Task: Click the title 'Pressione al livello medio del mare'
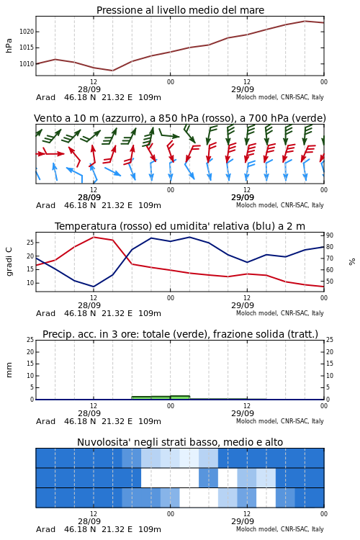coord(180,10)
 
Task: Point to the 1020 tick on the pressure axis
coord(27,32)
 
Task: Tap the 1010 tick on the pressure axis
coord(27,63)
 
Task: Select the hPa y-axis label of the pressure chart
coord(9,45)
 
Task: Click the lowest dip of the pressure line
coord(112,71)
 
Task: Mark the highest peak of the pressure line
coord(305,21)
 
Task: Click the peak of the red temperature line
coord(94,237)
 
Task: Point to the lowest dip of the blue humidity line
coord(94,287)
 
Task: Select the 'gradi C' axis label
coord(9,262)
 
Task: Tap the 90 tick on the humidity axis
coord(330,235)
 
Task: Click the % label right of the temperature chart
coord(352,262)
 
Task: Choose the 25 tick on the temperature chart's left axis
coord(30,243)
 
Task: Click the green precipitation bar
coord(161,397)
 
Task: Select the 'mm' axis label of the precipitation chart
coord(9,370)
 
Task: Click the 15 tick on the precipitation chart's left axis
coord(30,364)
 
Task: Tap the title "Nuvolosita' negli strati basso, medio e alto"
coord(180,442)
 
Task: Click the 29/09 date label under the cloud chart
coord(243,521)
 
